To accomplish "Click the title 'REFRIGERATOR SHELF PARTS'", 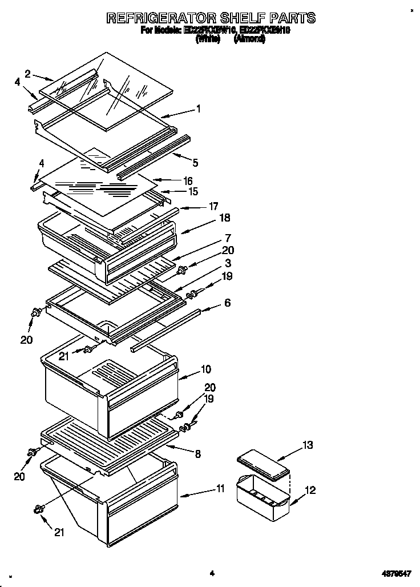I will coord(211,18).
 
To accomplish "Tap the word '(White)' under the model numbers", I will coord(208,40).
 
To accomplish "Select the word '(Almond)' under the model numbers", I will coord(249,40).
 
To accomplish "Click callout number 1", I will coord(197,108).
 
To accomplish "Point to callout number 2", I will coord(27,73).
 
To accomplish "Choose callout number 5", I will coord(195,163).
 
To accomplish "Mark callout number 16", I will coord(188,180).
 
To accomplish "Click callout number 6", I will coord(227,303).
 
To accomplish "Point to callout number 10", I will coord(205,369).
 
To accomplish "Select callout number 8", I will coord(197,455).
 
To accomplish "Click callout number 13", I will coord(308,445).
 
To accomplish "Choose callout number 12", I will coord(310,490).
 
